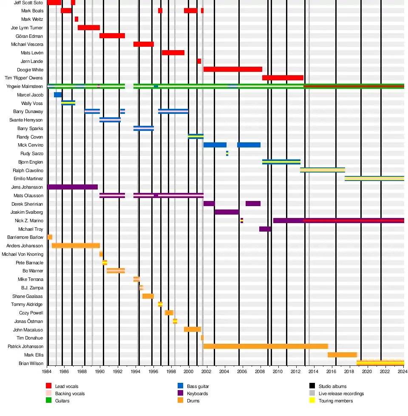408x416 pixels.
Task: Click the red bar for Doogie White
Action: (x=232, y=69)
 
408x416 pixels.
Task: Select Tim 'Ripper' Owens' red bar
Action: (x=283, y=78)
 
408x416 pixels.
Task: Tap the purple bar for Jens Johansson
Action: (x=72, y=187)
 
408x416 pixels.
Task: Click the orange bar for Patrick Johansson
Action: (x=266, y=346)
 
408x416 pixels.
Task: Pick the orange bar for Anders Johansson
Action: (x=76, y=246)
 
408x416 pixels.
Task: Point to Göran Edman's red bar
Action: (x=112, y=36)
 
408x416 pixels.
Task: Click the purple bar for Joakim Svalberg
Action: (x=227, y=212)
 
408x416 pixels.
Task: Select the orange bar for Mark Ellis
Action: (x=342, y=355)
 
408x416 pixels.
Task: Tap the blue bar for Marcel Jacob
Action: (x=58, y=95)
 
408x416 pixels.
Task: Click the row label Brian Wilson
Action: (x=31, y=363)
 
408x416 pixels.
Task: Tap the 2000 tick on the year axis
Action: (x=189, y=371)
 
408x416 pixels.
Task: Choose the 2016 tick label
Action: (x=331, y=371)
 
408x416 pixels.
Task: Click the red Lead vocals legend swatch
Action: (x=48, y=386)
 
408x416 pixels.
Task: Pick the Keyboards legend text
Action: (x=198, y=393)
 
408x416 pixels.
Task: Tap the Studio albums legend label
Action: (x=332, y=386)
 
